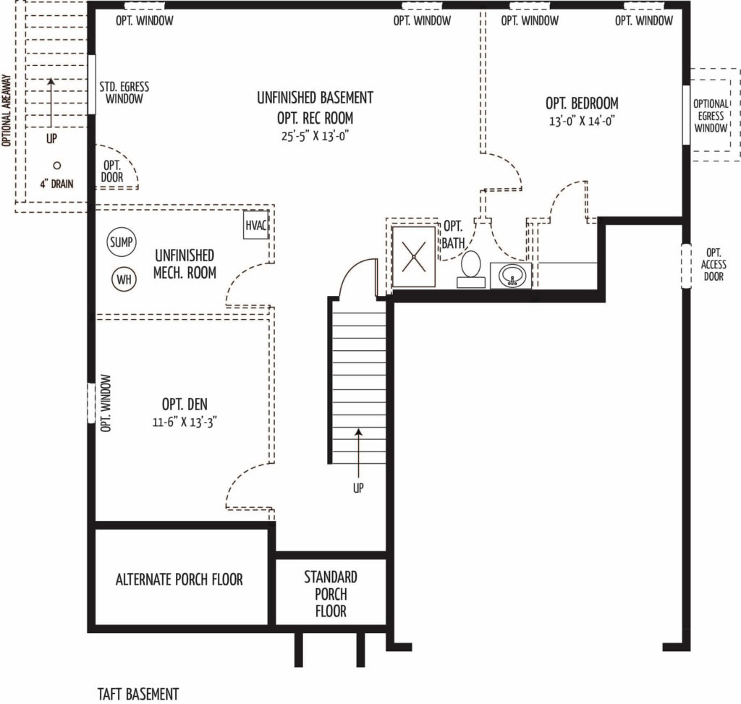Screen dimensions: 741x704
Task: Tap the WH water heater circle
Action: point(124,279)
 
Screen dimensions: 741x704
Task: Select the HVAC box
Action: point(256,225)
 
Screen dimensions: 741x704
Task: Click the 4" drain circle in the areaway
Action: point(56,166)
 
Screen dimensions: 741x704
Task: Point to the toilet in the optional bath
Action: point(470,269)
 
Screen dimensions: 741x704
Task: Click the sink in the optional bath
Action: point(512,275)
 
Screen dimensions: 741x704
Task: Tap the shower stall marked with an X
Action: point(413,257)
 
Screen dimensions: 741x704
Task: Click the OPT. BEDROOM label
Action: point(582,103)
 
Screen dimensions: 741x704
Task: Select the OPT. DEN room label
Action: point(185,404)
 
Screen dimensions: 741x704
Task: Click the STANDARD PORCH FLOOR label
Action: point(331,594)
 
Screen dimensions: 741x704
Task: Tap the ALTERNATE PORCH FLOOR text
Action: point(179,580)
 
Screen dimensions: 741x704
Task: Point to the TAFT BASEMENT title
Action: point(138,694)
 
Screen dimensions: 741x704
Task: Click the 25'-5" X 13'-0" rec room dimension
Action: point(316,136)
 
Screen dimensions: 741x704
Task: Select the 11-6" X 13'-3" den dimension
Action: point(185,422)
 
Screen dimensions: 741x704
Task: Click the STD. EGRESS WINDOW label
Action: point(124,93)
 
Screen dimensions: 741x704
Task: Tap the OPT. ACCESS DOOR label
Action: point(714,265)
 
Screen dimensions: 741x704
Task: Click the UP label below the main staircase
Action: point(358,488)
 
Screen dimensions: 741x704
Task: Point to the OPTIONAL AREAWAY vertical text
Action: point(6,110)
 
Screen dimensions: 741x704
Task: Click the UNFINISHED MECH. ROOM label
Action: point(185,263)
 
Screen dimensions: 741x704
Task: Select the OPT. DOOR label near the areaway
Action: point(112,171)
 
